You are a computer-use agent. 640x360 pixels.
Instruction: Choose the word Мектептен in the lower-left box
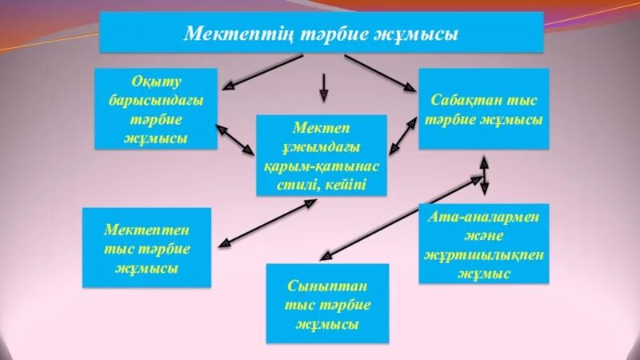(x=147, y=229)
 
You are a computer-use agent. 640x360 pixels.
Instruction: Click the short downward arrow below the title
(x=323, y=87)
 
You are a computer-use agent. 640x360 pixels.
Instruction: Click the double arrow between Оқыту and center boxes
(x=235, y=141)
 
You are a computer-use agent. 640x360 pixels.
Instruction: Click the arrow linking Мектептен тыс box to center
(x=269, y=223)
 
